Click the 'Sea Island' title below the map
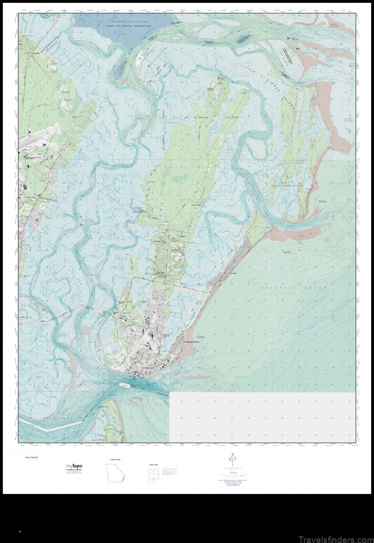[x=32, y=457]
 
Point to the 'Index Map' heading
[x=153, y=464]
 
